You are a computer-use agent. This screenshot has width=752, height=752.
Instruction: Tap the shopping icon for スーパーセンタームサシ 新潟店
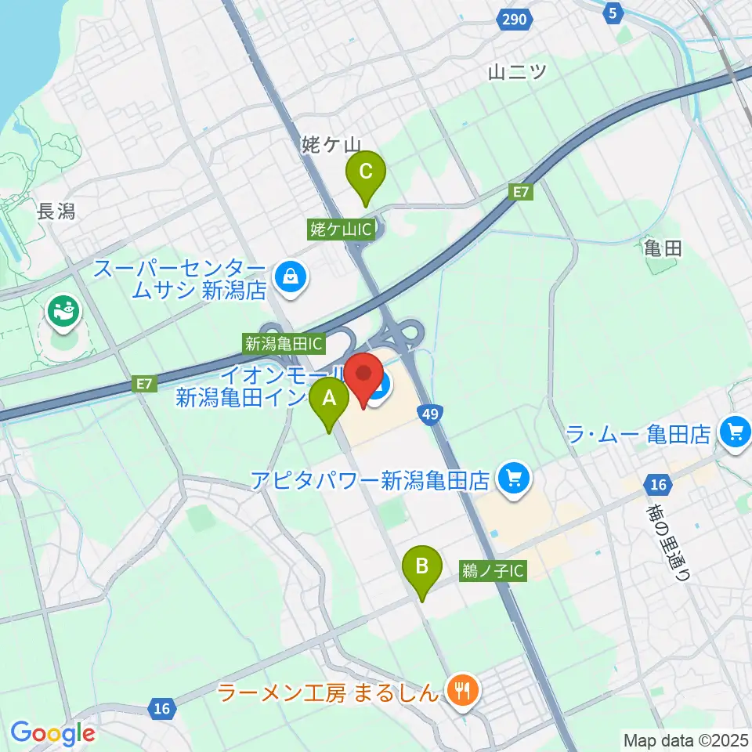[291, 276]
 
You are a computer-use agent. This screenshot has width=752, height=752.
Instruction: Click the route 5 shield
[613, 12]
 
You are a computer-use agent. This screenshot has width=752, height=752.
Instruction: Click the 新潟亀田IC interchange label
[284, 342]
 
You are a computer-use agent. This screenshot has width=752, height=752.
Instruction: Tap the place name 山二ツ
[516, 71]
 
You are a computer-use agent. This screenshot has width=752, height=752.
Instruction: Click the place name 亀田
[662, 249]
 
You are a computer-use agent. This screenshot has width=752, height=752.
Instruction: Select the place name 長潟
[56, 211]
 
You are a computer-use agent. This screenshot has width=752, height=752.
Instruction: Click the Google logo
[52, 733]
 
